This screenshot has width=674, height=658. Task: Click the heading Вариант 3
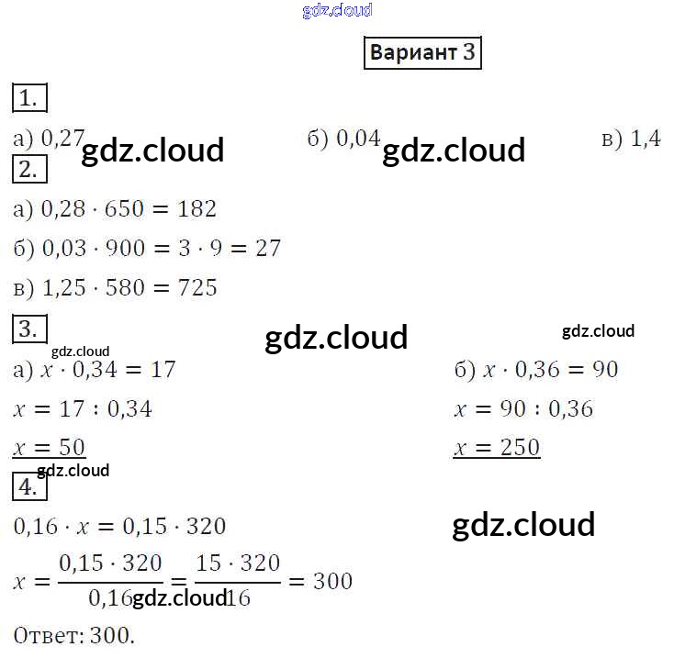click(422, 52)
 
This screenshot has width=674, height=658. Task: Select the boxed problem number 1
click(29, 98)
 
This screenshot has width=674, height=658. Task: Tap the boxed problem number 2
click(29, 169)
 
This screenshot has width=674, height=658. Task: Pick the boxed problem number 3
click(29, 329)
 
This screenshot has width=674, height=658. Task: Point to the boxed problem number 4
click(29, 486)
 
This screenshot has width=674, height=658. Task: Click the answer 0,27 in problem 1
click(63, 139)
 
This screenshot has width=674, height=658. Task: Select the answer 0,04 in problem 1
click(358, 139)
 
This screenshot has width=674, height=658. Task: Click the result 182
click(197, 209)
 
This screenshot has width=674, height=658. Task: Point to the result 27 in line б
click(267, 249)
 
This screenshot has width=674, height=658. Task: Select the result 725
click(197, 288)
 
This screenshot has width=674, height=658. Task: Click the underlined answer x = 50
click(50, 448)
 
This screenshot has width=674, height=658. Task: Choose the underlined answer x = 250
click(496, 448)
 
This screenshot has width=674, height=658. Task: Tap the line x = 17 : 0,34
click(83, 408)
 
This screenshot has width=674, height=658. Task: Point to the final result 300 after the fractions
click(332, 581)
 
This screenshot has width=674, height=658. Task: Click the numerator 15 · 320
click(238, 563)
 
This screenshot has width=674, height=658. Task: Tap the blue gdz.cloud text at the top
click(337, 10)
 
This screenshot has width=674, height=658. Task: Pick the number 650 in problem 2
click(124, 209)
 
